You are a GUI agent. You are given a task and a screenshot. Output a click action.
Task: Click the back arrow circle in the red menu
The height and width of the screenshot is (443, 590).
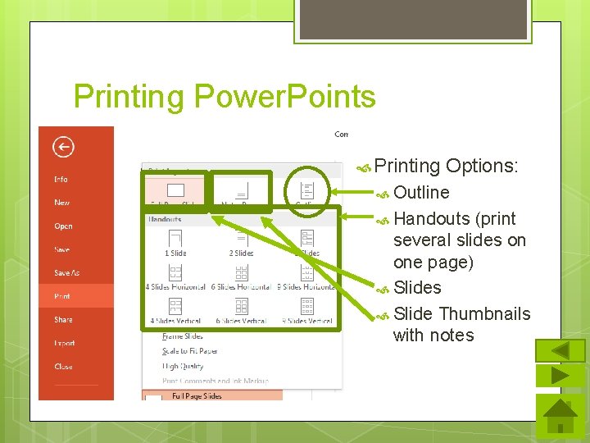coord(63,147)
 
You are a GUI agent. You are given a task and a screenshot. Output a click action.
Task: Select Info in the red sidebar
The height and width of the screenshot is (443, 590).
coord(61,179)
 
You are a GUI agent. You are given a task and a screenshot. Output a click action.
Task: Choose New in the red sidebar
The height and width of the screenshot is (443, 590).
coord(62,203)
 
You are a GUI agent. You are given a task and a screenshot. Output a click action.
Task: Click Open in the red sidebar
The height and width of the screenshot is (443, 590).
coord(64,226)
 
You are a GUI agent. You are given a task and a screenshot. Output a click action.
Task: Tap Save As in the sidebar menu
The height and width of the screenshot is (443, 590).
coord(67,273)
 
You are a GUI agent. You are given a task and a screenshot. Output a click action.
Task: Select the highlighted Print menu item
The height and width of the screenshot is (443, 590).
coord(62,296)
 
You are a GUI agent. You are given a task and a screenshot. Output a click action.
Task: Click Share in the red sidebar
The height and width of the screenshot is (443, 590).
coord(63,320)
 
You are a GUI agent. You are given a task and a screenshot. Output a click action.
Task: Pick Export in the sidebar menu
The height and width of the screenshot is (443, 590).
coord(64,344)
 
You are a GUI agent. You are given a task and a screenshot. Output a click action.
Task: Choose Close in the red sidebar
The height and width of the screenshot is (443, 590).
coord(63,367)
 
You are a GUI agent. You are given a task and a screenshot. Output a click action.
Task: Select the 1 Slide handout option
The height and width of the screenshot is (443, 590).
coord(175,243)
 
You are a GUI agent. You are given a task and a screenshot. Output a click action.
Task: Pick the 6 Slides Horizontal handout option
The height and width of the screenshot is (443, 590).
coord(241,277)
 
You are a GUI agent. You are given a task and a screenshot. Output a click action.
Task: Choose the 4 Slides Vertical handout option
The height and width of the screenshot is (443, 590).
coord(175,311)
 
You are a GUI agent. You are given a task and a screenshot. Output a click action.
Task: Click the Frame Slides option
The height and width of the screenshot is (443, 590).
coord(182,336)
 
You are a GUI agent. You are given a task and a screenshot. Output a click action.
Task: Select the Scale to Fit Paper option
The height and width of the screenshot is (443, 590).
coord(190,351)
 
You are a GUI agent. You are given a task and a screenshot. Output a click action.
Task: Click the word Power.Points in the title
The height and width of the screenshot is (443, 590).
coord(284,97)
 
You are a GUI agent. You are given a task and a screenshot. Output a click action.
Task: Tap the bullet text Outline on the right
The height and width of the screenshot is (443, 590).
coord(421,193)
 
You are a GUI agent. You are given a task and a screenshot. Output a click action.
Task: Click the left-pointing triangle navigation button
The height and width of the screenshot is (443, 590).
coord(560,350)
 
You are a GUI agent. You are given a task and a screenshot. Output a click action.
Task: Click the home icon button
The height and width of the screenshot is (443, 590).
coord(560,417)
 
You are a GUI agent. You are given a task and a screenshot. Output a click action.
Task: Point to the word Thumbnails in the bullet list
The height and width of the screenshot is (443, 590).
coord(484,314)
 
